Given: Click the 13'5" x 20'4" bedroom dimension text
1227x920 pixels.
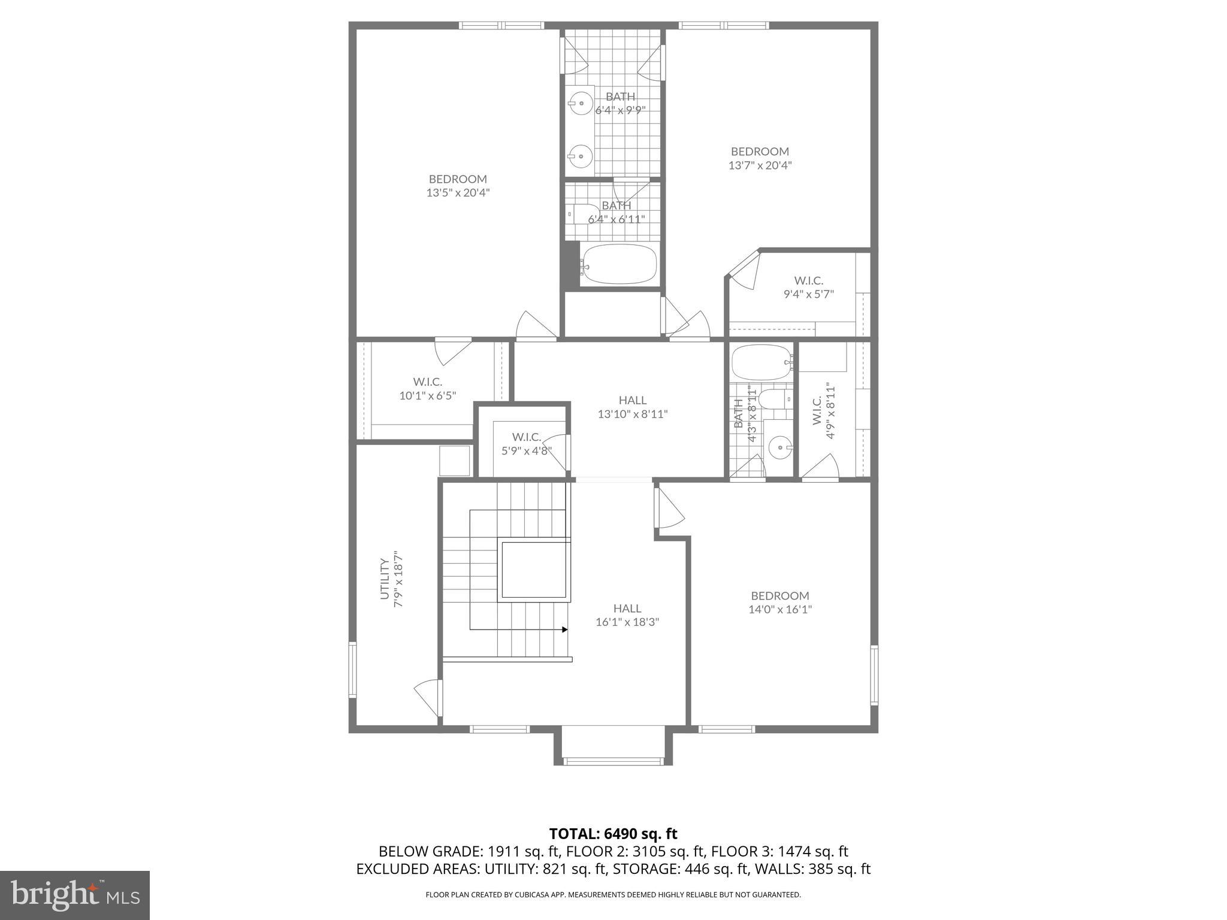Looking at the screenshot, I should (x=458, y=193).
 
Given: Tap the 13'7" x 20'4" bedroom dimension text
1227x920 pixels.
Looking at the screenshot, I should (x=760, y=165).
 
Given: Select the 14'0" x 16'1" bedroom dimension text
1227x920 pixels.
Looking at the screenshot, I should (x=780, y=610).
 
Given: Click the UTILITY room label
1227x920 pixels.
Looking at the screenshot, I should (x=385, y=579).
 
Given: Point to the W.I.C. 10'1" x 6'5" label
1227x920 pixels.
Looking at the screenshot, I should (x=428, y=389).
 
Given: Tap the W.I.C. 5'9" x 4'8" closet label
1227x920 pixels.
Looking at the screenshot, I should (x=527, y=444).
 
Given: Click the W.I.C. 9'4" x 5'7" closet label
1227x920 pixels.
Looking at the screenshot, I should (x=808, y=287).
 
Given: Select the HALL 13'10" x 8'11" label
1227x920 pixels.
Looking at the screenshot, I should (x=633, y=407).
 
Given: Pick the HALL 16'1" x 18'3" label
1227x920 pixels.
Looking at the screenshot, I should (x=627, y=615).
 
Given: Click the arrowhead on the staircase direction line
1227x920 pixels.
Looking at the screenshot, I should (x=564, y=630).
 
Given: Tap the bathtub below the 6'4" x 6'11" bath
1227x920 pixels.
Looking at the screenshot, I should (x=619, y=264).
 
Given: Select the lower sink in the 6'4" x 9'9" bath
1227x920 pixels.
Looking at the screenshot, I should (x=580, y=156).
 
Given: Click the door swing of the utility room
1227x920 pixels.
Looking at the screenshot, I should (x=427, y=697).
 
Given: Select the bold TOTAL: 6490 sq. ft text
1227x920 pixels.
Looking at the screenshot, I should (x=613, y=833).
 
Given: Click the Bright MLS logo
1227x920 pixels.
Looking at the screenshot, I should (x=74, y=894).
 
